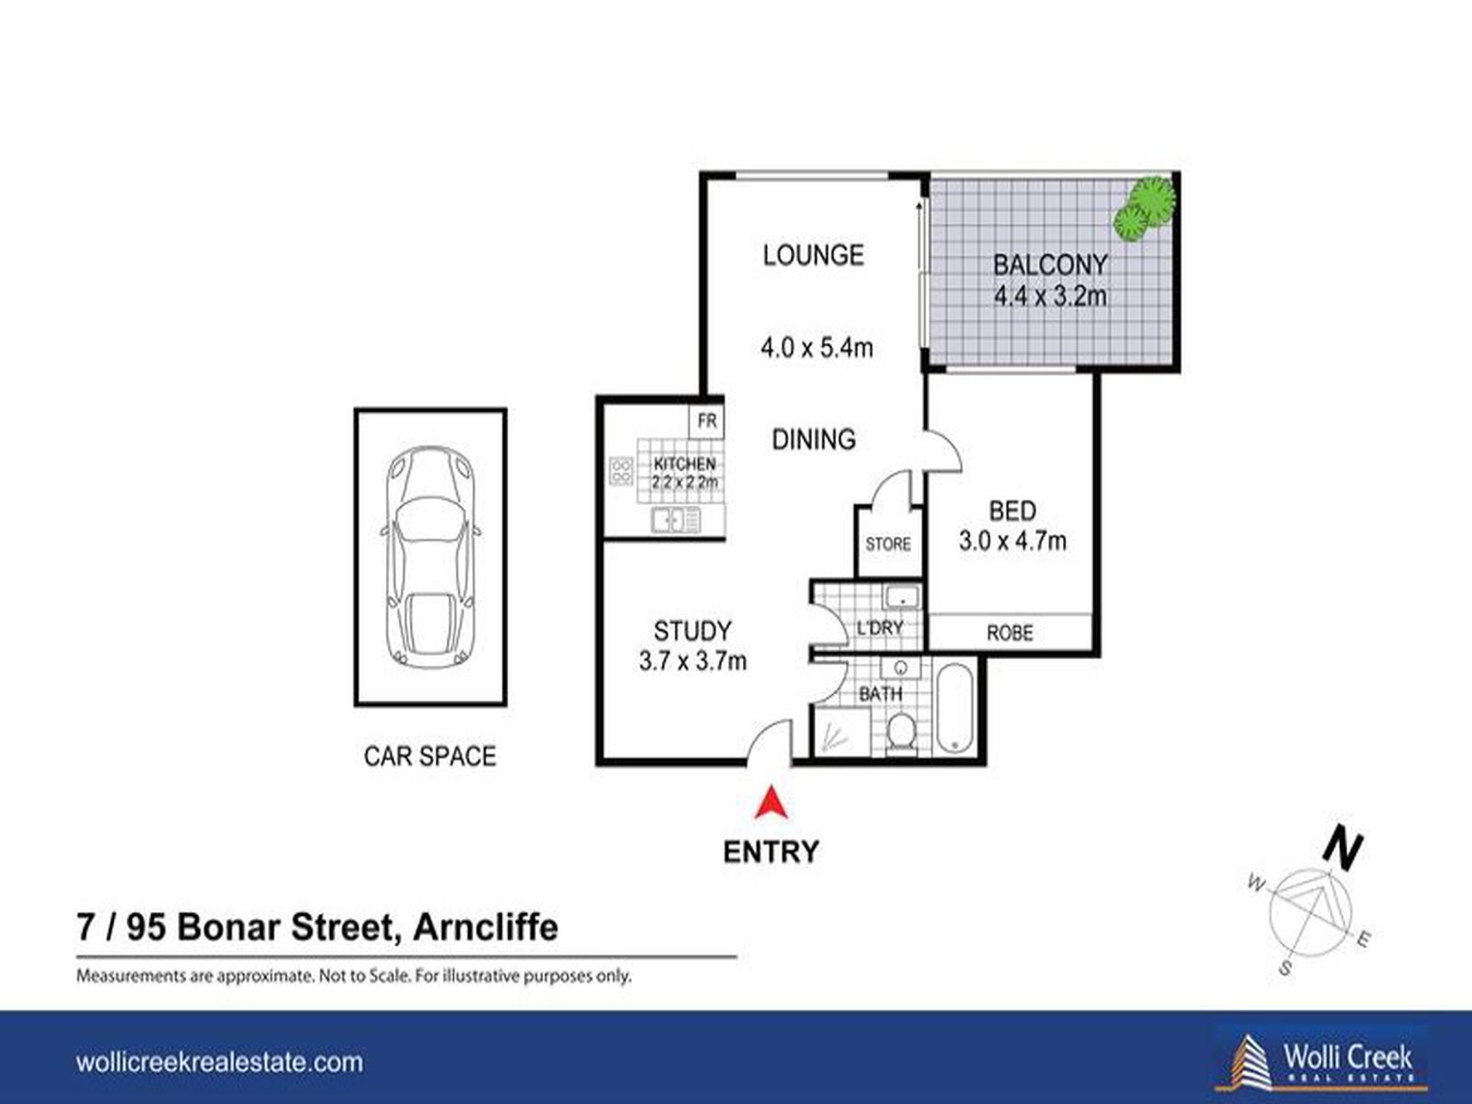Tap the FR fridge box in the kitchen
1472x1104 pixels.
click(x=707, y=421)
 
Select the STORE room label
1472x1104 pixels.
click(x=888, y=544)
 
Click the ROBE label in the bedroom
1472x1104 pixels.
click(x=1009, y=633)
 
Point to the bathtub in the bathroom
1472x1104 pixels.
click(x=954, y=707)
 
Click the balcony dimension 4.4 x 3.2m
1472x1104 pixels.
click(x=1050, y=296)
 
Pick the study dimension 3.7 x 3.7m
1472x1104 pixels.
click(x=693, y=661)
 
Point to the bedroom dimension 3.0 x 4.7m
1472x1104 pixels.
click(x=1013, y=540)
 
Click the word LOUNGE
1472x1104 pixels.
click(x=813, y=255)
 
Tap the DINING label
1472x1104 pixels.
click(x=813, y=439)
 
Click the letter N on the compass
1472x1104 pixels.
click(x=1342, y=849)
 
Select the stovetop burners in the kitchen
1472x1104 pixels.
click(x=621, y=471)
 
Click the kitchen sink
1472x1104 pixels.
click(x=676, y=519)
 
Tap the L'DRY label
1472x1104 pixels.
click(x=880, y=628)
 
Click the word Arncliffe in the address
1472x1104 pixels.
click(x=485, y=927)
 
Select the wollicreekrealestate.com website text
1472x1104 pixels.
click(x=219, y=1061)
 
